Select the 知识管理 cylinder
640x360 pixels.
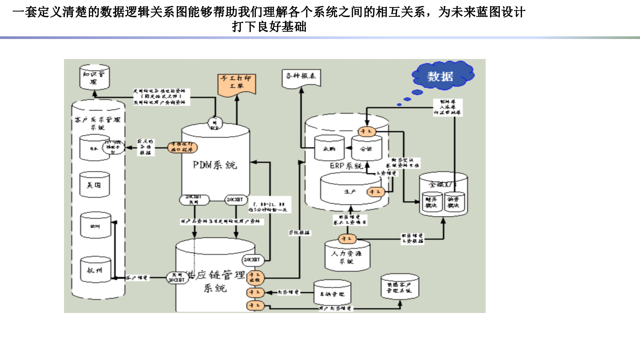(94, 77)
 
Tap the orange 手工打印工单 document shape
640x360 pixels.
(237, 85)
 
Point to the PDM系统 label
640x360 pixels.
(215, 165)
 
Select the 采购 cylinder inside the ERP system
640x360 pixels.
(329, 148)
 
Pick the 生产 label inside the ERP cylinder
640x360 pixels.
(350, 192)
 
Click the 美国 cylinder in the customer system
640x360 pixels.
(94, 185)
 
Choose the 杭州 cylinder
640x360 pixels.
(95, 270)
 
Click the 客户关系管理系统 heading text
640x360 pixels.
(97, 123)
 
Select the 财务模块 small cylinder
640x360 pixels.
(431, 202)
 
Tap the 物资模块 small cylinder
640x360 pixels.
(453, 202)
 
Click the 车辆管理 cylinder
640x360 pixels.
(332, 293)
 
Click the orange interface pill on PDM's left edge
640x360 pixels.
(182, 147)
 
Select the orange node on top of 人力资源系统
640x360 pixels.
(347, 239)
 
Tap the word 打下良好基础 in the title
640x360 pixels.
(269, 27)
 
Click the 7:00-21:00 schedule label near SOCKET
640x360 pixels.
(269, 207)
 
